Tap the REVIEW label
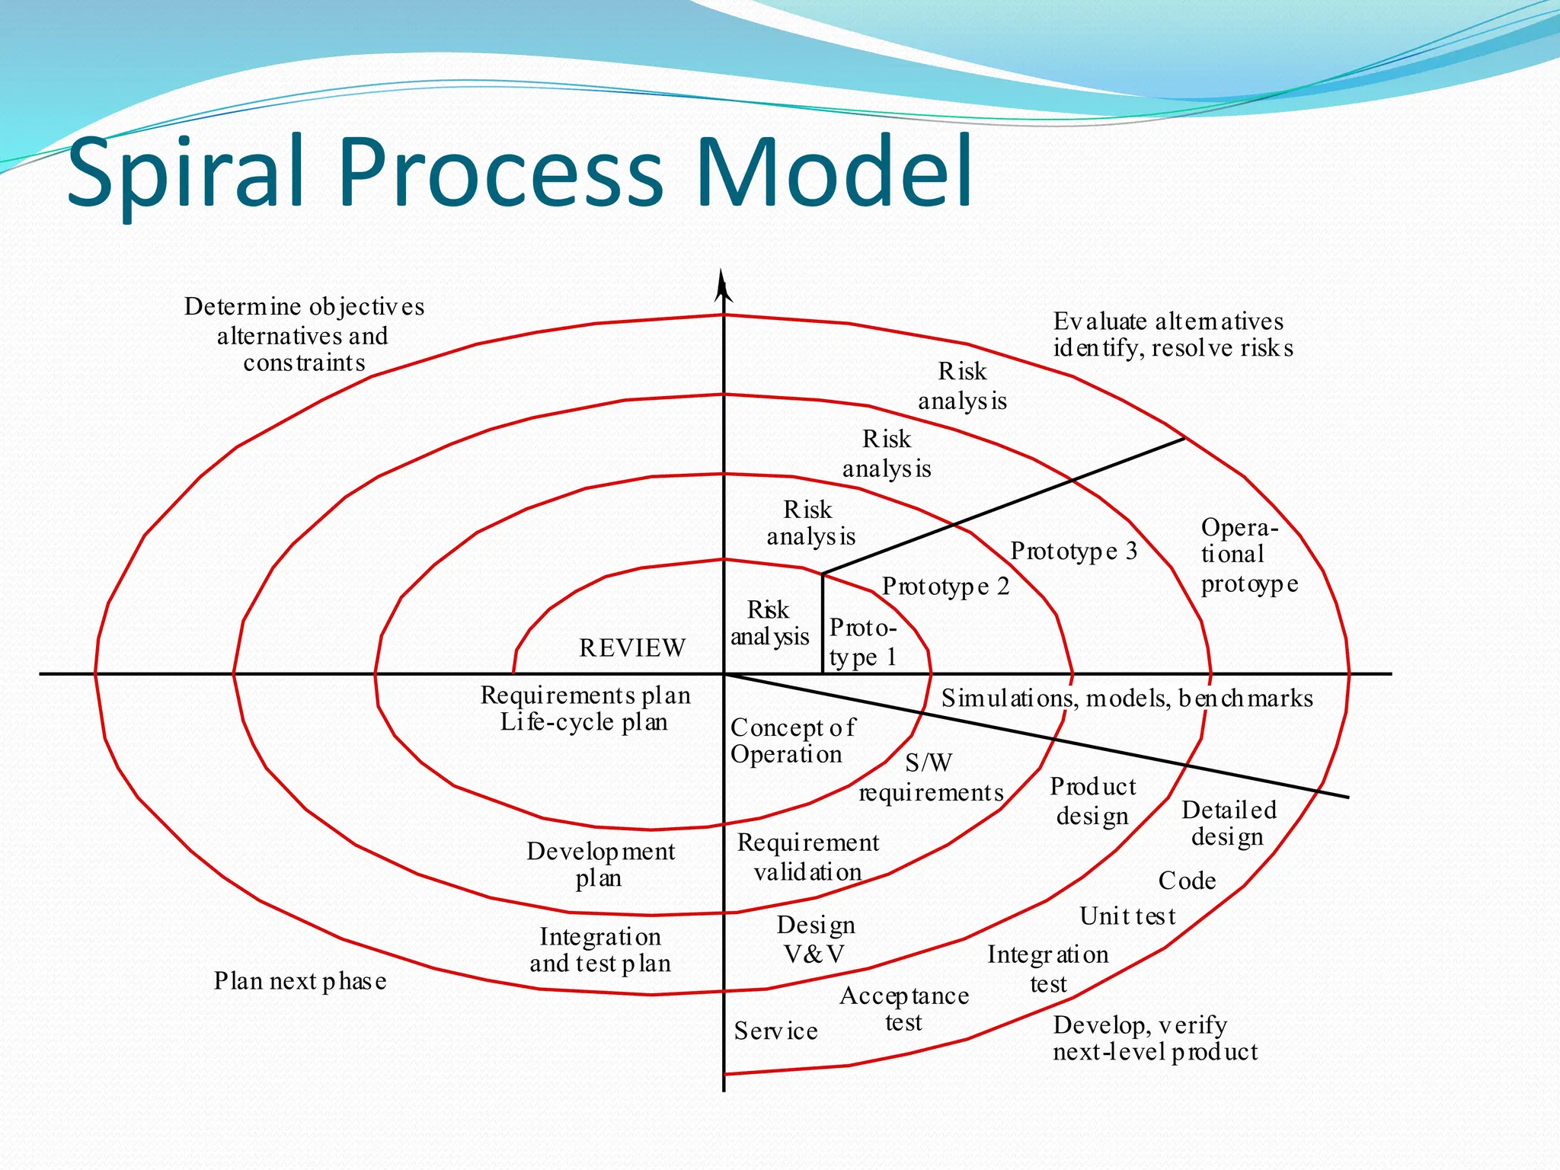(632, 648)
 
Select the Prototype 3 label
(1073, 551)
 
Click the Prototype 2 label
(945, 586)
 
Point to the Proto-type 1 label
(863, 641)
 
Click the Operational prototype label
(1248, 555)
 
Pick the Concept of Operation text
(791, 740)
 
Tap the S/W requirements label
(930, 778)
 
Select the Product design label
(1092, 801)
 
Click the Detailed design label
(1228, 823)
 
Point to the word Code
(1187, 881)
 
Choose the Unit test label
(1127, 916)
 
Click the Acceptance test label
(904, 1009)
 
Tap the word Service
(775, 1031)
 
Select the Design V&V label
(815, 938)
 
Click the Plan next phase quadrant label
(299, 981)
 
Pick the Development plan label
(600, 865)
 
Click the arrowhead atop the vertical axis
(723, 286)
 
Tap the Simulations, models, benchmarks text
(1127, 698)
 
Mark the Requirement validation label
(807, 857)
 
